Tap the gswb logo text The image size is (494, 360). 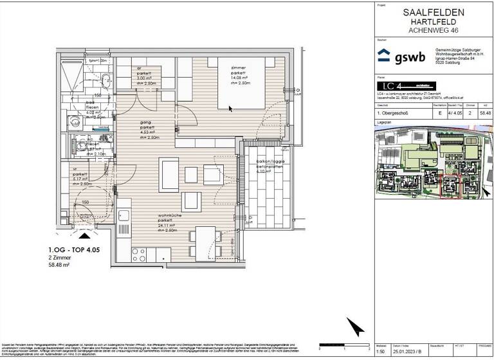(x=410, y=56)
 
